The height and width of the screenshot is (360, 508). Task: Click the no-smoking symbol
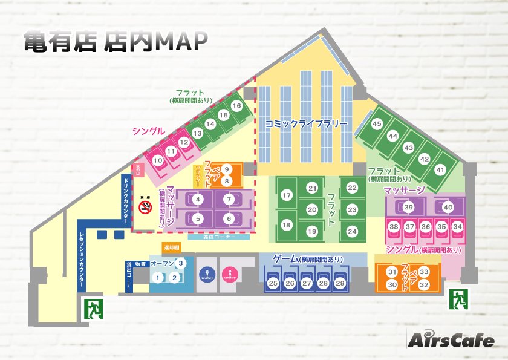coord(145,208)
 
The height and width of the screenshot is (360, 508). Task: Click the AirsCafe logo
coord(450,340)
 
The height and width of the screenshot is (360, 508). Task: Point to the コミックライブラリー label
coord(306,123)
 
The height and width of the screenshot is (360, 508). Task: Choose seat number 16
coord(236,106)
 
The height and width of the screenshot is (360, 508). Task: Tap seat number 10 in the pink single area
coord(158,160)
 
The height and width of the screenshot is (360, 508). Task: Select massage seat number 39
coord(409,207)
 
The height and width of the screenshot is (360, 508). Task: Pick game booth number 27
coord(307,283)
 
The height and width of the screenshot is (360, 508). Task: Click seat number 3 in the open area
coord(180,263)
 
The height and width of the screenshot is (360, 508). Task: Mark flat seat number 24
coord(352,231)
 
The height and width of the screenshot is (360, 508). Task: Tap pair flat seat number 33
coord(424,272)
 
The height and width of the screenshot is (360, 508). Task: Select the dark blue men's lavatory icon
coord(204,273)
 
